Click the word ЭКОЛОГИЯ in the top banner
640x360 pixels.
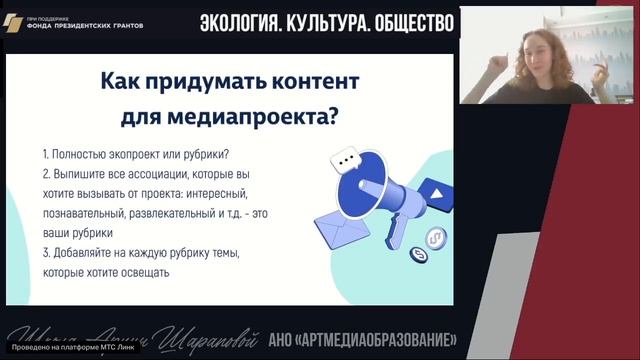tap(241, 21)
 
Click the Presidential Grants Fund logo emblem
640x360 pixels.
tap(12, 21)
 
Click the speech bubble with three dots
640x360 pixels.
tap(346, 159)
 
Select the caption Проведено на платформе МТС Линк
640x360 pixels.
tap(63, 349)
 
